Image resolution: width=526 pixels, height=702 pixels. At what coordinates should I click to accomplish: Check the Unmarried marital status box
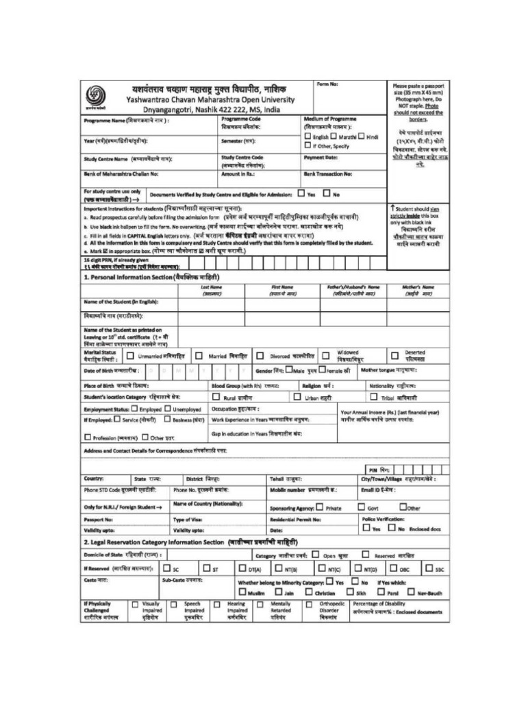point(129,356)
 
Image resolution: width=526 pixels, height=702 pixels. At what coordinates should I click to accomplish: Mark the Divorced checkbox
point(260,356)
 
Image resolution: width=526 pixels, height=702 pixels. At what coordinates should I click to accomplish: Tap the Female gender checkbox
point(321,370)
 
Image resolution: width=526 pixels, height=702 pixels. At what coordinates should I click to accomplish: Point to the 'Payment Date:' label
point(321,157)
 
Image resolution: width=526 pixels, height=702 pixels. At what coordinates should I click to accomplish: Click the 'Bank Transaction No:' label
point(328,174)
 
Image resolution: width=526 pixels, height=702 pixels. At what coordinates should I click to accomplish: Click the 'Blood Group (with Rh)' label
point(236,386)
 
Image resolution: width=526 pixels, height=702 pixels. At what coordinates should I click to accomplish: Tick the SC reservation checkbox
point(166,568)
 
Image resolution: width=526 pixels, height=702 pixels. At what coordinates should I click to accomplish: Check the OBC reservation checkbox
point(394,568)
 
